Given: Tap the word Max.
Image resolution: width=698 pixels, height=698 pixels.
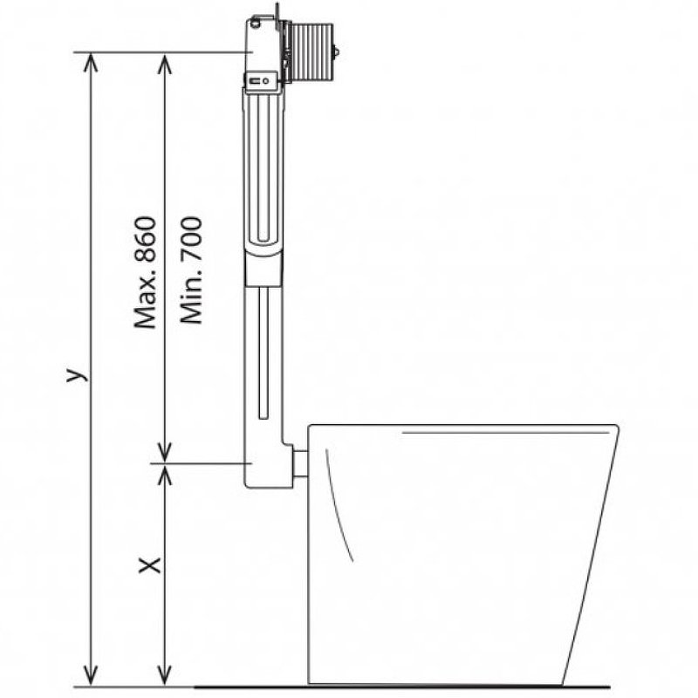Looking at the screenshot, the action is pyautogui.click(x=146, y=300).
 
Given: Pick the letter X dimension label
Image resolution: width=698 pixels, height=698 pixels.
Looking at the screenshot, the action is pyautogui.click(x=150, y=565).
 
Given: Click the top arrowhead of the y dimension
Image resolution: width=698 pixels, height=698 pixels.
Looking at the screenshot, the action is pyautogui.click(x=91, y=62).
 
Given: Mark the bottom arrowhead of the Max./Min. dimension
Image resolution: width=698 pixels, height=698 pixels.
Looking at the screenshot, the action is pyautogui.click(x=165, y=453).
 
